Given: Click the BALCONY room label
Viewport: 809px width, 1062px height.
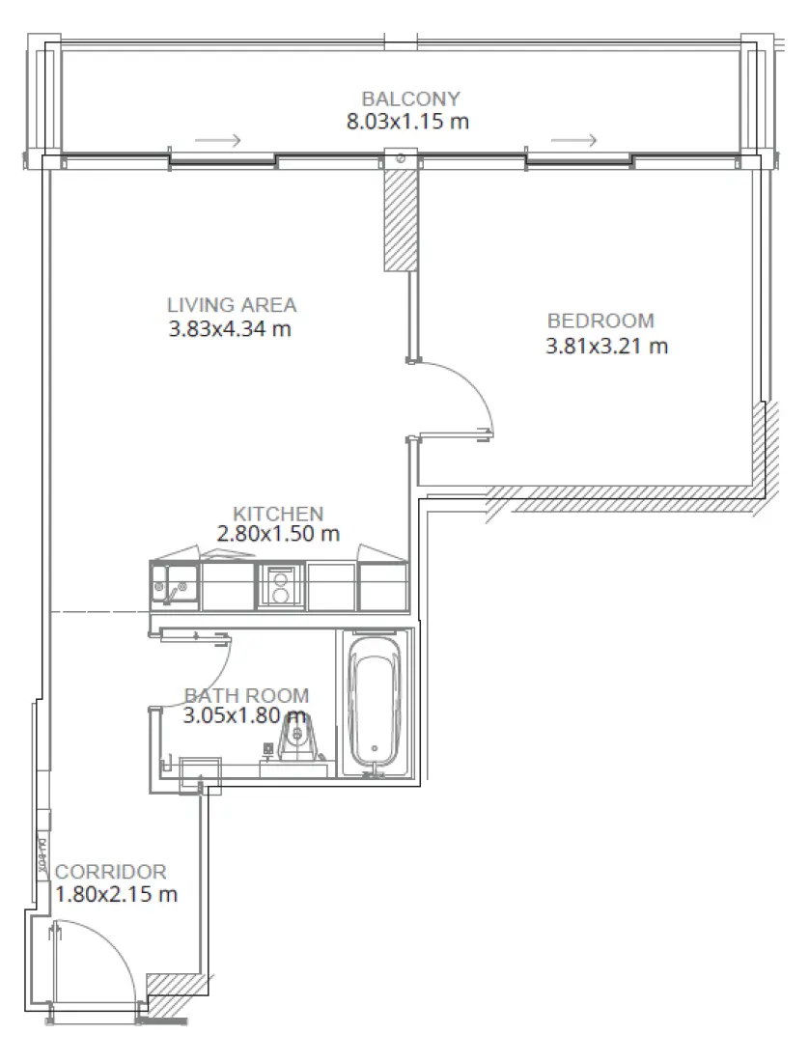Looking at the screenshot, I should pos(410,98).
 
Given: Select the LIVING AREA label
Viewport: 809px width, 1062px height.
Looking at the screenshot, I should pos(232,305).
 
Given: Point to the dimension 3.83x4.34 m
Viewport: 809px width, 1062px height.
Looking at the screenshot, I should pos(230,329).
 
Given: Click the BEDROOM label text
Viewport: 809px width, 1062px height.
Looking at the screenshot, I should pos(600,321).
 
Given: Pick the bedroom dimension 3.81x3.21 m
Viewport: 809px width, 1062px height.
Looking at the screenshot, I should pos(606,346).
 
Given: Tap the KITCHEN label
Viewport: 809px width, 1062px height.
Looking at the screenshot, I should pos(278,514).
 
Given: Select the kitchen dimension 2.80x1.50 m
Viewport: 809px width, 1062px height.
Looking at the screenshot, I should pos(279,534).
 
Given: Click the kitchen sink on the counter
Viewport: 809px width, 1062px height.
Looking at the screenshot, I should pos(175,585).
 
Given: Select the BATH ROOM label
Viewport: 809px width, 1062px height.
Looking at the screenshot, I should pos(247,695).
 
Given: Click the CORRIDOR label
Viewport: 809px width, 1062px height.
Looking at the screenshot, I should pos(111,872).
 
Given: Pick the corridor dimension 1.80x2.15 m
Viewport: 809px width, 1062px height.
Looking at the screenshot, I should pos(116,895).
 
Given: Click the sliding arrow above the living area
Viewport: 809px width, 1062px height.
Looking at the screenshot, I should pos(217,141).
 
